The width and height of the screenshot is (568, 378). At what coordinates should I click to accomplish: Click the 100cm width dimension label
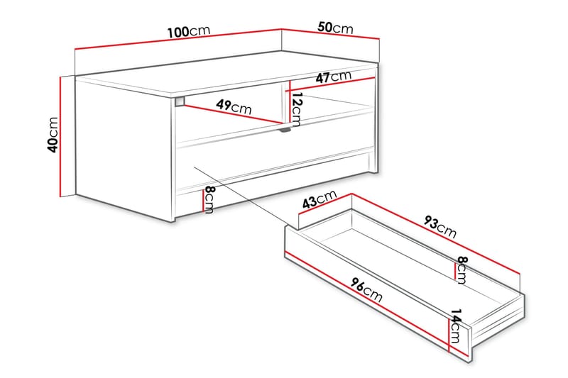click(189, 32)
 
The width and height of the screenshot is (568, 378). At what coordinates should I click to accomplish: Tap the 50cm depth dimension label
click(335, 28)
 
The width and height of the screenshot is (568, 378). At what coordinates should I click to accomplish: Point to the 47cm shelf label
click(334, 77)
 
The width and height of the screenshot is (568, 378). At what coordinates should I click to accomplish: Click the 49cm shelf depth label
click(234, 108)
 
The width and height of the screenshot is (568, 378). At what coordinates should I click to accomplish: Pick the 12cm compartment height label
click(297, 108)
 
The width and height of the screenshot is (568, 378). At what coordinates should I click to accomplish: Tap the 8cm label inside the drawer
click(461, 270)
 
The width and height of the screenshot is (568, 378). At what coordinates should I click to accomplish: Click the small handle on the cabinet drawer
click(286, 130)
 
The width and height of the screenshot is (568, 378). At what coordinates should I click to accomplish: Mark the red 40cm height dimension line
click(62, 135)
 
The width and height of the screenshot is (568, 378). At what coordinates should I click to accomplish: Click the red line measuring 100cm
click(177, 40)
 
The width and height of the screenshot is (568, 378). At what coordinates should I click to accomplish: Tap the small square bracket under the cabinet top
click(178, 101)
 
